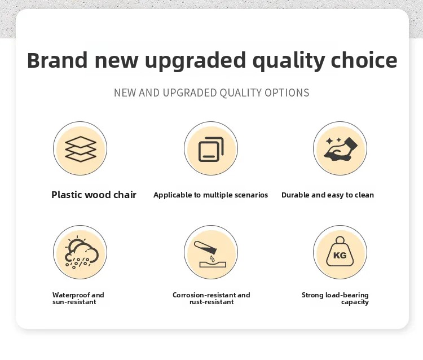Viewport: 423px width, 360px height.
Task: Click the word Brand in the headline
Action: click(x=58, y=60)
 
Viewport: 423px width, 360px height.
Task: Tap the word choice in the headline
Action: click(x=364, y=60)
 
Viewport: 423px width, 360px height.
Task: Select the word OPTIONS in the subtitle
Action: click(x=287, y=93)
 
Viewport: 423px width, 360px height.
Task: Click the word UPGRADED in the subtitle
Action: click(x=190, y=93)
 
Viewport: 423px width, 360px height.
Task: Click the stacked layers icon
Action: click(x=81, y=149)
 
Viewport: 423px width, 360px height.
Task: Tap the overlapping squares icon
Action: click(x=211, y=149)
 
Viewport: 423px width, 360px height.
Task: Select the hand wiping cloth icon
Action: click(x=341, y=149)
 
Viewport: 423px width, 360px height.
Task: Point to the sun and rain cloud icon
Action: click(x=81, y=252)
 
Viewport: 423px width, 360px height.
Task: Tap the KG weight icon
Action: click(x=340, y=252)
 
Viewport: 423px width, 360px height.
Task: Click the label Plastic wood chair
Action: click(x=94, y=195)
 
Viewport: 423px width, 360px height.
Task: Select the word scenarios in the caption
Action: click(x=251, y=195)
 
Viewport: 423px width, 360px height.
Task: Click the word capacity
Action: click(x=355, y=302)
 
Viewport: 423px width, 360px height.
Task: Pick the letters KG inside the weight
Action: click(x=340, y=255)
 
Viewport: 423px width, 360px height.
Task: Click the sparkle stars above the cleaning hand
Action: click(x=333, y=141)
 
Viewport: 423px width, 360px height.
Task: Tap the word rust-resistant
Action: click(x=211, y=302)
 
